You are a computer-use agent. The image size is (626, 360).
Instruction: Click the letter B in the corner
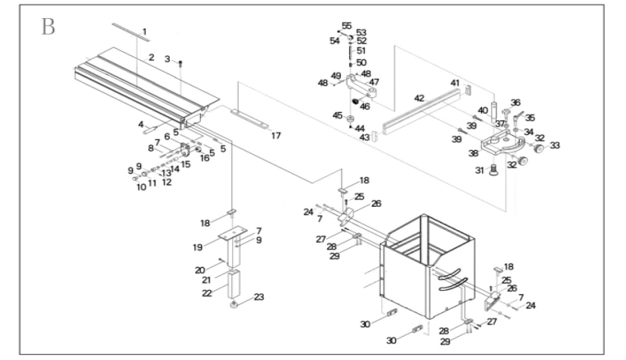coord(48,26)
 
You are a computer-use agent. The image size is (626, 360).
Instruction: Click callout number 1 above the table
coord(144,32)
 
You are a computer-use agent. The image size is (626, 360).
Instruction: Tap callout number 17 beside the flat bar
coord(276,135)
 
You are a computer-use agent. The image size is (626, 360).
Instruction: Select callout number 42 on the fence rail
coord(418,98)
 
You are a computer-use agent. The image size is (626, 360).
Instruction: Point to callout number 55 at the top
coord(346,25)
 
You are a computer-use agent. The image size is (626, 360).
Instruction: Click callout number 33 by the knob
coord(554,145)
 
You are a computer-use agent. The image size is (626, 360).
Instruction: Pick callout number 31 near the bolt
coord(479,170)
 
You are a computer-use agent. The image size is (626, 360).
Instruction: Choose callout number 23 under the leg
coord(259,297)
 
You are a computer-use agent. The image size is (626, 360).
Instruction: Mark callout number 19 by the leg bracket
coord(197,245)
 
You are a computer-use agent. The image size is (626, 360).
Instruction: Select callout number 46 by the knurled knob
coord(364,106)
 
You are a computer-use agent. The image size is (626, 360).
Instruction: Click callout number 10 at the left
coord(141,187)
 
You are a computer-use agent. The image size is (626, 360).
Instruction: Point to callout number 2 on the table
coord(152,58)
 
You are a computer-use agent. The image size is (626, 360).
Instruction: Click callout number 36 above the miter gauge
coord(516,103)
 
